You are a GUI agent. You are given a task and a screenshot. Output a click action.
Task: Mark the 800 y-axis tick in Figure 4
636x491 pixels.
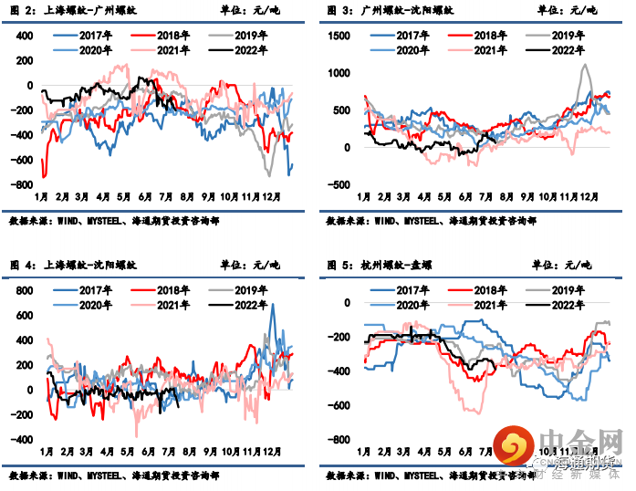23,290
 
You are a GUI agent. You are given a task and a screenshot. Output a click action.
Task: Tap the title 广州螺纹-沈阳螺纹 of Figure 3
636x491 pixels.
401,11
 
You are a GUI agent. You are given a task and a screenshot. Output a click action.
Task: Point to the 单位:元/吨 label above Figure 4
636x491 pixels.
251,265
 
